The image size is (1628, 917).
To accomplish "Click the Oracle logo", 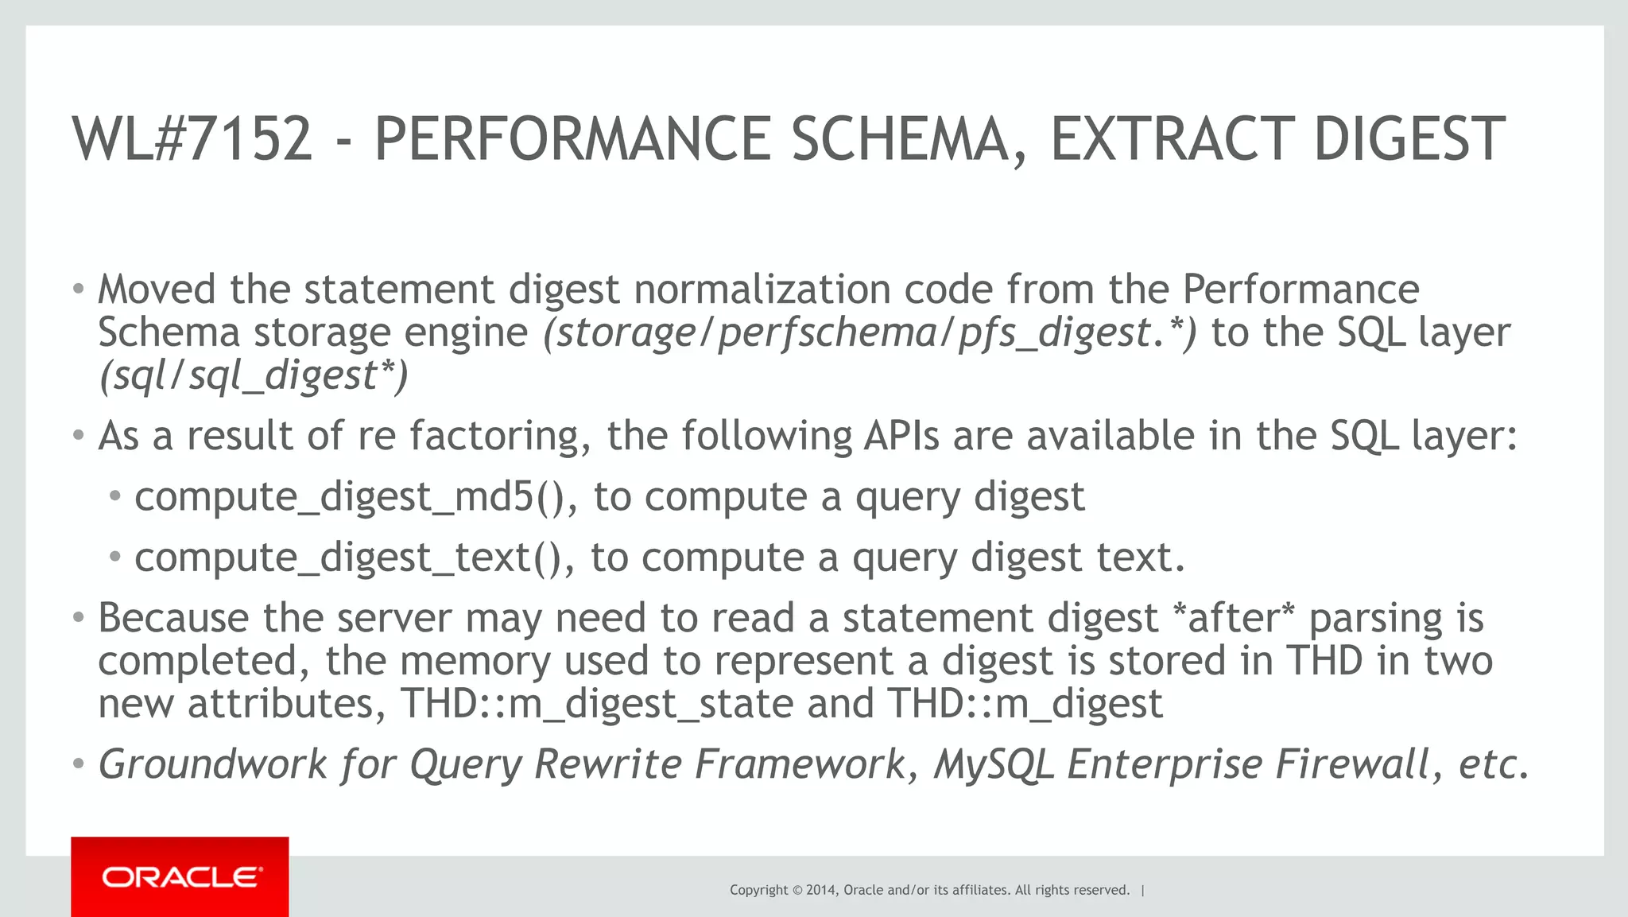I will (180, 877).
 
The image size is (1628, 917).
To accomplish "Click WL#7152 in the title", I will (192, 139).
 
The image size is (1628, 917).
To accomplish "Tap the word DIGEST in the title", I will (1409, 139).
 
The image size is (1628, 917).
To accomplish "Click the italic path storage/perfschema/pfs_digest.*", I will (869, 333).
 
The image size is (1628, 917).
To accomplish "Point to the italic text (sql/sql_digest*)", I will (253, 376).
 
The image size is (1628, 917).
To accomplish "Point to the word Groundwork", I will (212, 765).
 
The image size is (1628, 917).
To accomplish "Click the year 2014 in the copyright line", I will (820, 890).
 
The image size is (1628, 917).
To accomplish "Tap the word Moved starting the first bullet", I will (157, 289).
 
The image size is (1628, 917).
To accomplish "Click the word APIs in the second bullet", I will (902, 437).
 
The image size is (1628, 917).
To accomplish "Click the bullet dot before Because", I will (78, 619).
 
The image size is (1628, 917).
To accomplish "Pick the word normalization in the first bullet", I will (762, 289).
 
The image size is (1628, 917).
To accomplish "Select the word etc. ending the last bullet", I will (1494, 765).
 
